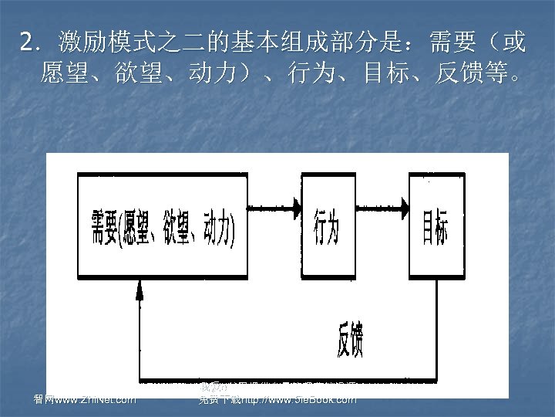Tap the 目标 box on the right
pyautogui.click(x=436, y=227)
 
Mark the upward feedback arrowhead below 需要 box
pyautogui.click(x=140, y=289)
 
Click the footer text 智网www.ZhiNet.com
pyautogui.click(x=79, y=399)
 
